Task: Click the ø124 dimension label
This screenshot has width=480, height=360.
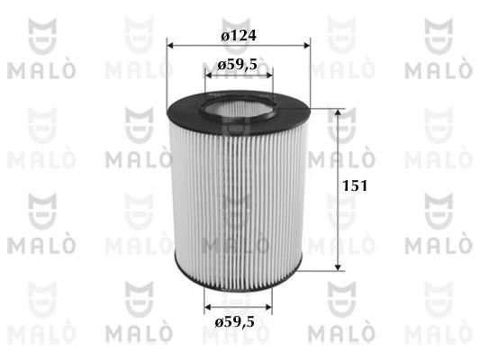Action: [239, 35]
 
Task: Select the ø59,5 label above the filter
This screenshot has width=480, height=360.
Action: [237, 65]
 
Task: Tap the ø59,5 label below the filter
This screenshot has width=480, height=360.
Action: [235, 322]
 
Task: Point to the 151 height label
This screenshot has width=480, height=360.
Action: [355, 185]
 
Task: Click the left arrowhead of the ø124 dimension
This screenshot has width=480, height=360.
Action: [170, 46]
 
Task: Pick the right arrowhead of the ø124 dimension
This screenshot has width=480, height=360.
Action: [306, 46]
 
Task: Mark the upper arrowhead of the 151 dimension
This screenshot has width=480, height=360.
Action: [338, 112]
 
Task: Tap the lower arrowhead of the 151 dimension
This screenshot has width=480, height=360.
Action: [338, 267]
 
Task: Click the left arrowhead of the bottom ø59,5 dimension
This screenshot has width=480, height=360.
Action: [208, 307]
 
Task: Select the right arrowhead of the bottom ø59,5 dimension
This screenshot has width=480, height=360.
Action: [268, 307]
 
